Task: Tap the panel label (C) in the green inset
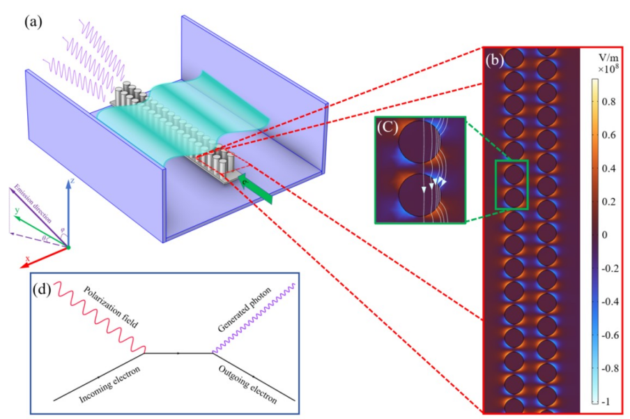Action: click(x=388, y=129)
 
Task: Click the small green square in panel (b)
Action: click(x=512, y=184)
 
